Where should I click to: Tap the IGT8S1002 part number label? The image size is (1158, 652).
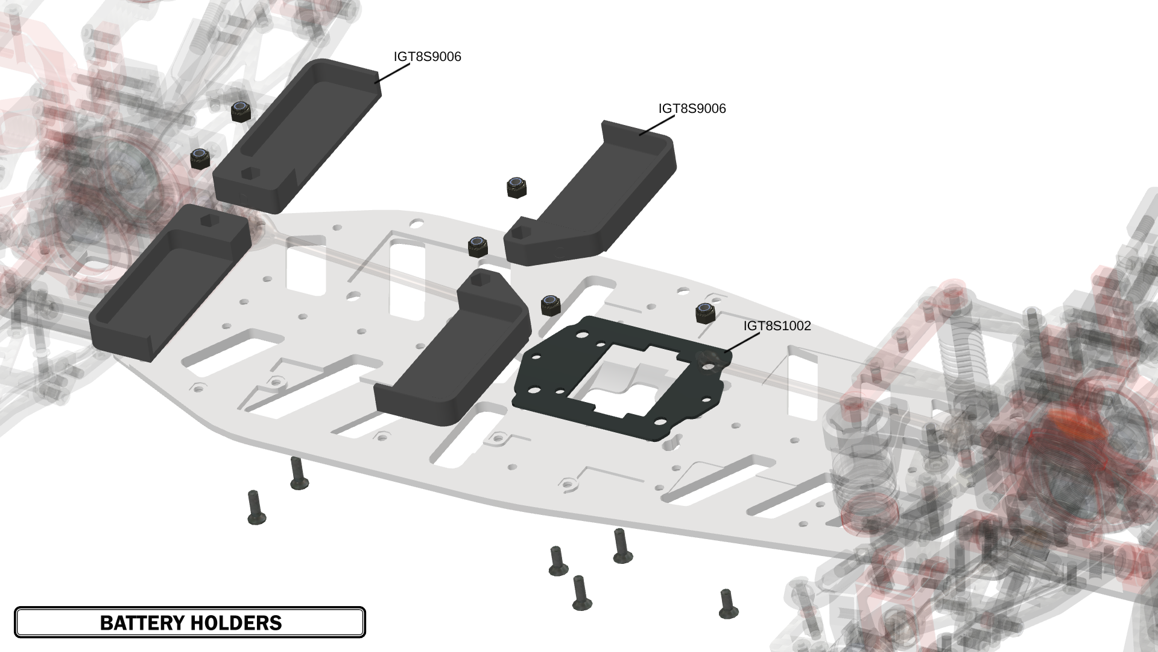777,326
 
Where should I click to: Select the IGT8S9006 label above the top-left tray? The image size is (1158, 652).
427,57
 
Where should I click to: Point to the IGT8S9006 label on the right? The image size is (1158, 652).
692,109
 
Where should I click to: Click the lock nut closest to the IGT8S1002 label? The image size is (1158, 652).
703,313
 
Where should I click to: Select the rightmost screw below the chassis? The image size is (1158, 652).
728,604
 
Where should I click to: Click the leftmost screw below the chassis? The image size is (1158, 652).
256,507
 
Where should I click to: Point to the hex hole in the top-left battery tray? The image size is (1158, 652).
248,173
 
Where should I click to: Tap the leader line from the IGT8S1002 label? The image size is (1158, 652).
742,342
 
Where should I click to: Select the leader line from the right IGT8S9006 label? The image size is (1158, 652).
657,125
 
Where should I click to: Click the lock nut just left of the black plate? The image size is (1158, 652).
549,305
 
